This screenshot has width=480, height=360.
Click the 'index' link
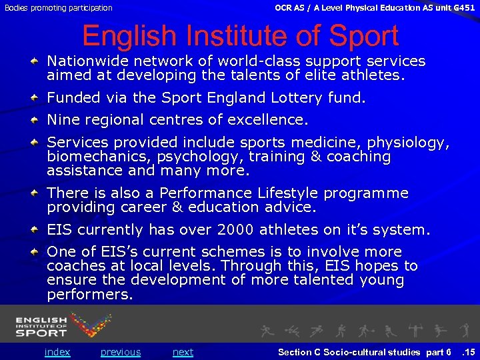tap(57, 352)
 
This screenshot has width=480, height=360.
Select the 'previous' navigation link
tap(121, 352)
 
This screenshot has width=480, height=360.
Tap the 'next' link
tap(183, 352)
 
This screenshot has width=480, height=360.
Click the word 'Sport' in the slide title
tap(359, 37)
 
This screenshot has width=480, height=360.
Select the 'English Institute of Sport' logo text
tap(41, 327)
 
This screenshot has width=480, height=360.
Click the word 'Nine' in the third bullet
tap(63, 120)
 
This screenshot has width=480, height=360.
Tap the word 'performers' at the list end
tap(89, 295)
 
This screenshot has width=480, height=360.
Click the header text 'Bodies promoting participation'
tap(59, 8)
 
